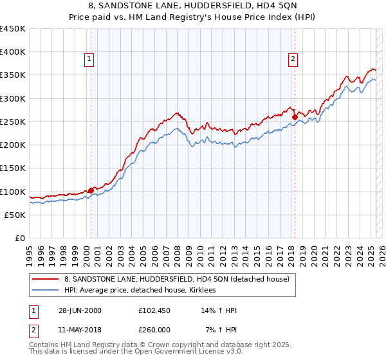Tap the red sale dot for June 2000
point(91,190)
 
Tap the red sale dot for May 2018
point(294,118)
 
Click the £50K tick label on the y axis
point(15,215)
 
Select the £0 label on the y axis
point(21,238)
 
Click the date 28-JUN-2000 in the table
point(80,310)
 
